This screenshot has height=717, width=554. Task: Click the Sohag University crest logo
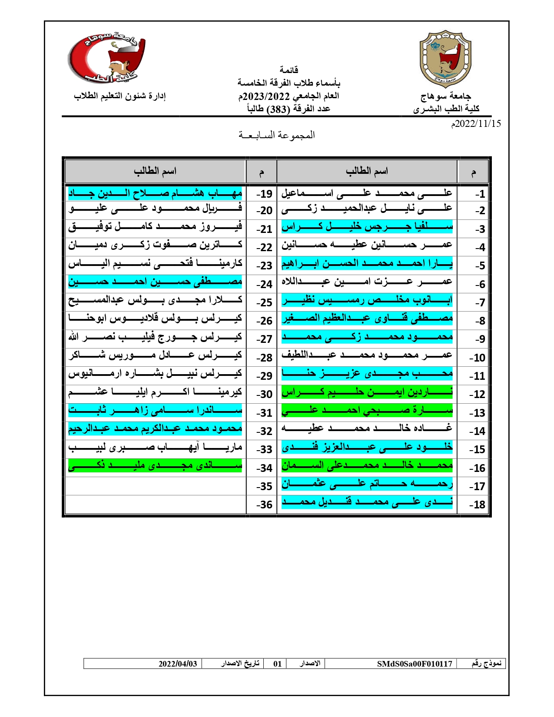[x=445, y=59]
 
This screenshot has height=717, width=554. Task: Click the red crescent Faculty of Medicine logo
[x=106, y=59]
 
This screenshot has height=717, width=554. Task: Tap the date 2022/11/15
[x=477, y=124]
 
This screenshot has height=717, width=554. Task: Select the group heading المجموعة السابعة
[x=277, y=135]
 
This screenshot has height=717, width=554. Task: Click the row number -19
[x=264, y=194]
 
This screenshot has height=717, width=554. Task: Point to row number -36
[x=264, y=505]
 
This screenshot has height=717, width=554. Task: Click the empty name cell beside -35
[x=155, y=486]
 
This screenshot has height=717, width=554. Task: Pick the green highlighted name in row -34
[x=155, y=467]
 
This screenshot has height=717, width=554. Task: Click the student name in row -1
[x=367, y=193]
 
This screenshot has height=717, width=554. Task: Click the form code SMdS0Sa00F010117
[x=415, y=664]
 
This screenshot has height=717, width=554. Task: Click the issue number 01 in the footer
[x=277, y=664]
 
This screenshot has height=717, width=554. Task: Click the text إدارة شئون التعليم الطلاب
[x=119, y=96]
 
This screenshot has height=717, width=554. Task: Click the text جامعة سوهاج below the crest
[x=446, y=96]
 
